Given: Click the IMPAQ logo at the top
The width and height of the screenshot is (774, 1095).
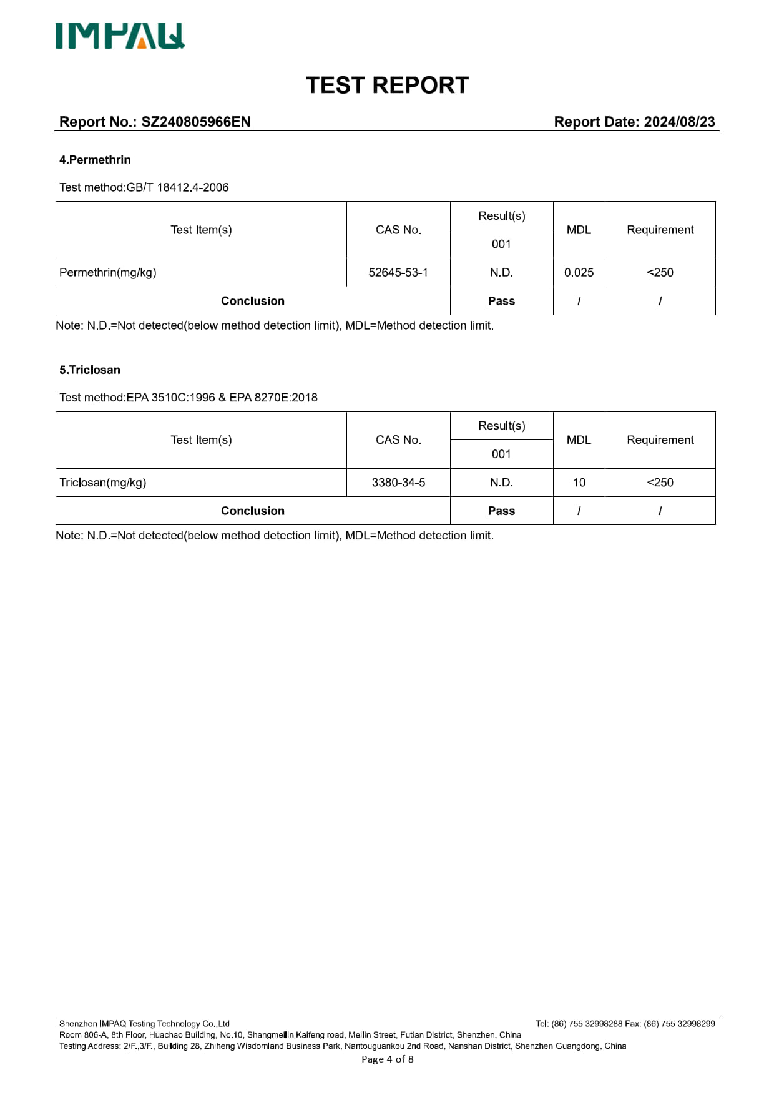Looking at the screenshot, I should (x=120, y=36).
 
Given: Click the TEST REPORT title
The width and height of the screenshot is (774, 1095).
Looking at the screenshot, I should (x=387, y=86).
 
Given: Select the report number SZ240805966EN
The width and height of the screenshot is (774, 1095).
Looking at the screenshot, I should (x=195, y=122).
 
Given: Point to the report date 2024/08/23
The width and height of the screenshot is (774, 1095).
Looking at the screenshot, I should (x=679, y=122).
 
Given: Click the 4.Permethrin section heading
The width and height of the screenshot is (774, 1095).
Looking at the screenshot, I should (x=95, y=160).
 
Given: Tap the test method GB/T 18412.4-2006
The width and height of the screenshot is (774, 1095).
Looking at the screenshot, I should (x=177, y=187).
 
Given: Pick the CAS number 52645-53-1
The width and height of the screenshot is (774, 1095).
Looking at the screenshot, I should (x=398, y=272).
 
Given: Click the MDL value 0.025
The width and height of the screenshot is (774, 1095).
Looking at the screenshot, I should (x=579, y=272).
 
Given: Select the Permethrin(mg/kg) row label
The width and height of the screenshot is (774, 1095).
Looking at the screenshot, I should (x=108, y=272).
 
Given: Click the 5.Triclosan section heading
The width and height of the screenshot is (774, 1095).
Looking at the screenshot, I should (x=90, y=370).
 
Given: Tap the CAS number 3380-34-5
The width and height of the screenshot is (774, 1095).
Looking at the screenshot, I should (x=398, y=483).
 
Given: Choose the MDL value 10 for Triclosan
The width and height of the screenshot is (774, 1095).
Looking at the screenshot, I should (x=579, y=483).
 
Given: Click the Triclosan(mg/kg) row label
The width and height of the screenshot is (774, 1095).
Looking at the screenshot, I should (x=103, y=483).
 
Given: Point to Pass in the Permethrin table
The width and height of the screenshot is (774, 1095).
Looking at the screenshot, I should (x=501, y=301).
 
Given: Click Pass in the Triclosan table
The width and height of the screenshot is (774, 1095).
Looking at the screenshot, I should (x=501, y=511).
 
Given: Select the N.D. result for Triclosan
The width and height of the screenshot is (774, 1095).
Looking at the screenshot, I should (x=501, y=483).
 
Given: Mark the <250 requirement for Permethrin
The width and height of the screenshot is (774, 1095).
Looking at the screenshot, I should (x=660, y=272).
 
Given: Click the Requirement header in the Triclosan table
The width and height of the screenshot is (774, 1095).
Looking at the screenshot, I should (x=660, y=439).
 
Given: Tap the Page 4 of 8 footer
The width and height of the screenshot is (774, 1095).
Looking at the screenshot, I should (x=387, y=1059).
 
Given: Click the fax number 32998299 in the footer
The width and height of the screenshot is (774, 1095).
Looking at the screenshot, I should (x=697, y=1024).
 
